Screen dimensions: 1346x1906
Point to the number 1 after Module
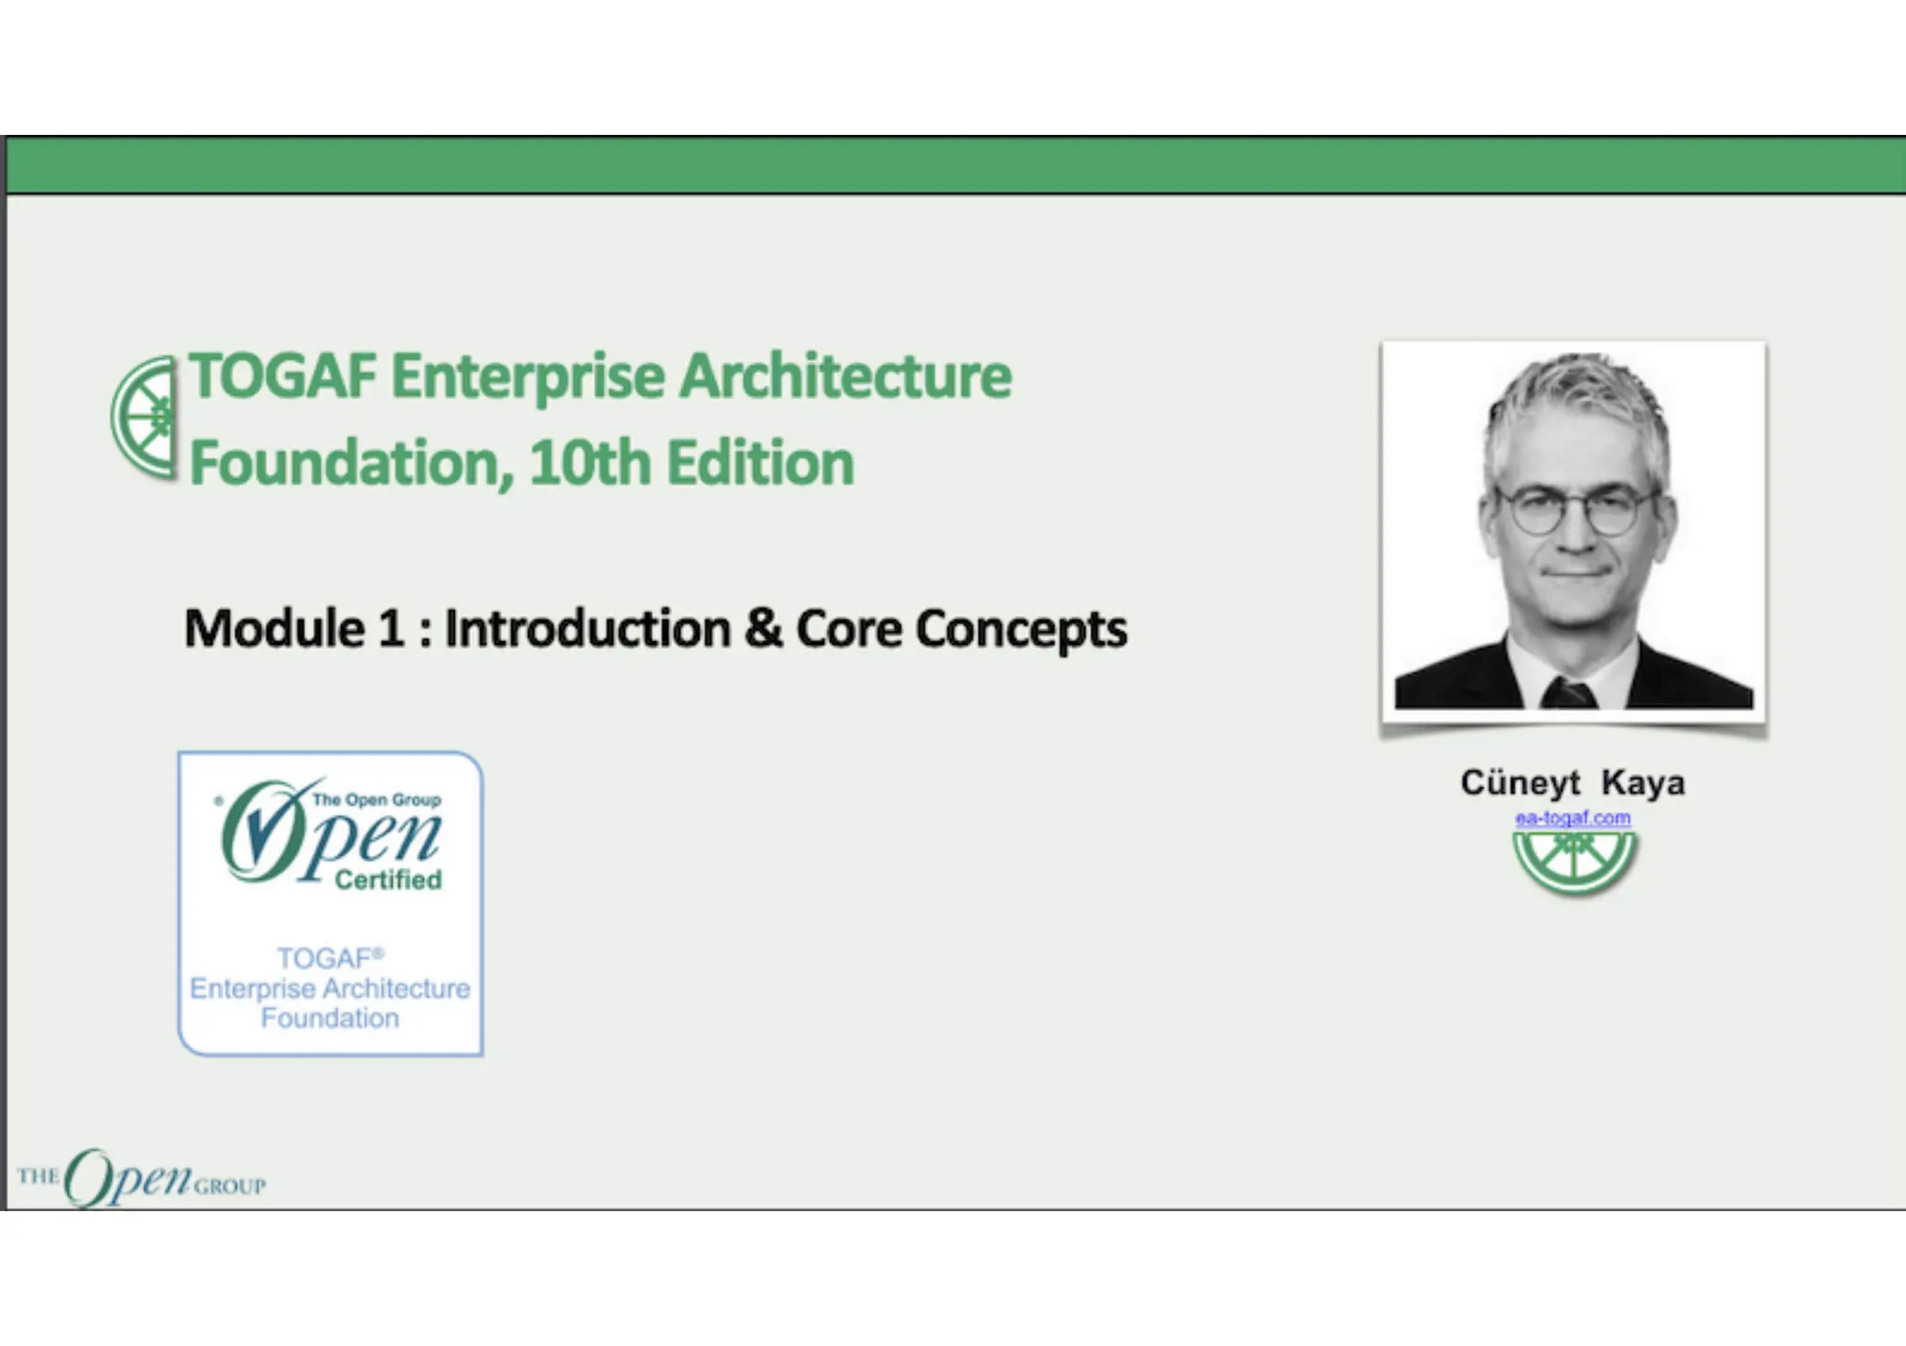[391, 628]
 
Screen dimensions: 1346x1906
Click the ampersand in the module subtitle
[763, 628]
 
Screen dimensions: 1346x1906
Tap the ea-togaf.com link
[1573, 818]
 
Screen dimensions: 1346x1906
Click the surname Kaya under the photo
[1643, 782]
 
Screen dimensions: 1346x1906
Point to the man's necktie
[1568, 693]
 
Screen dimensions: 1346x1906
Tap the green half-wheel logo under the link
[1574, 860]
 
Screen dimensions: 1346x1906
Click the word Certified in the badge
[388, 879]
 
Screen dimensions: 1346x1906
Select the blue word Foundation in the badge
[329, 1018]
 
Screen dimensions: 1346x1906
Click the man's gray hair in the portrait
[1573, 400]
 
